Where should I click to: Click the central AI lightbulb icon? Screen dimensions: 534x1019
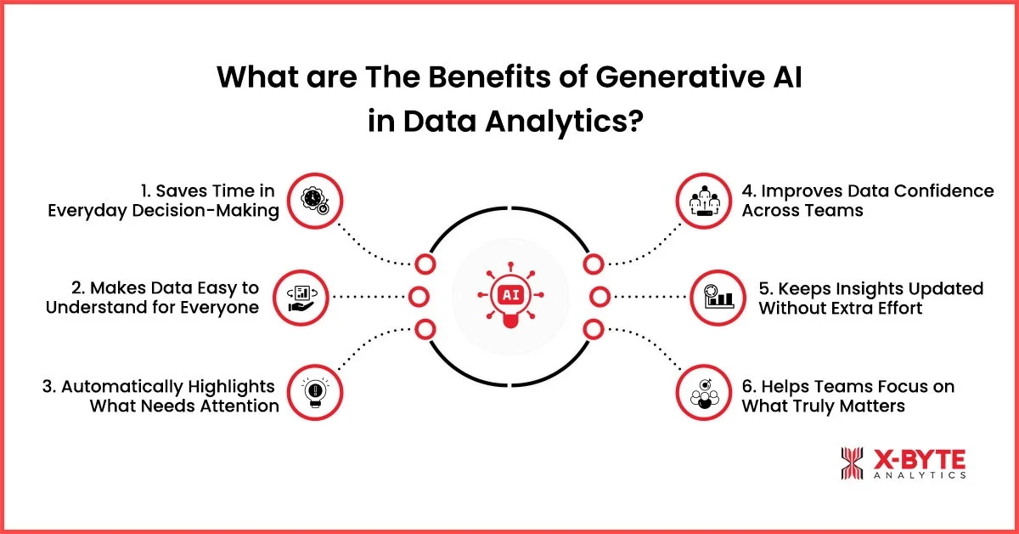click(509, 297)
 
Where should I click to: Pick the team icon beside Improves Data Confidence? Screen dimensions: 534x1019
click(703, 200)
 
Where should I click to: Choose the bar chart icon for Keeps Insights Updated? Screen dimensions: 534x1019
click(717, 297)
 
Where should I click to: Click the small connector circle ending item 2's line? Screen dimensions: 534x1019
click(418, 297)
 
